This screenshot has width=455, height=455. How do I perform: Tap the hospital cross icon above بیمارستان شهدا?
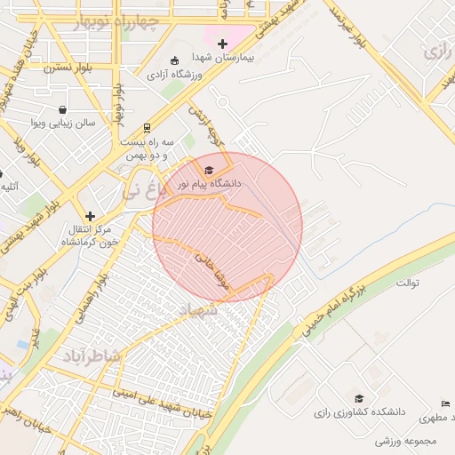tap(222, 44)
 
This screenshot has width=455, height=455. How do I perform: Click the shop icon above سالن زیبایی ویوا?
tap(63, 109)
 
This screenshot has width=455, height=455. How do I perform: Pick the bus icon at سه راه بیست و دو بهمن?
tap(147, 127)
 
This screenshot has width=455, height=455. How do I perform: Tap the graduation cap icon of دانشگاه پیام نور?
tap(209, 170)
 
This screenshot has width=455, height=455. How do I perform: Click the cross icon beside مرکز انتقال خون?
tap(90, 216)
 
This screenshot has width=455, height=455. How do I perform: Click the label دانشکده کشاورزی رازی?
tap(359, 412)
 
